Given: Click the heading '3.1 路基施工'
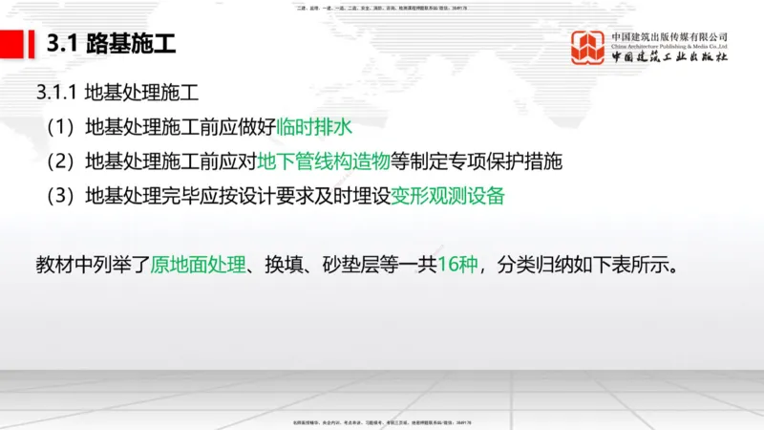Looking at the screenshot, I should [x=111, y=44].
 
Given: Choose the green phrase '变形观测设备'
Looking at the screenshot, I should [x=448, y=196].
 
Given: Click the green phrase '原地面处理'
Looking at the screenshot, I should [x=198, y=263].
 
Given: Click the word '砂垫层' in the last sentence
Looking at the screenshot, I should [x=350, y=263].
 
